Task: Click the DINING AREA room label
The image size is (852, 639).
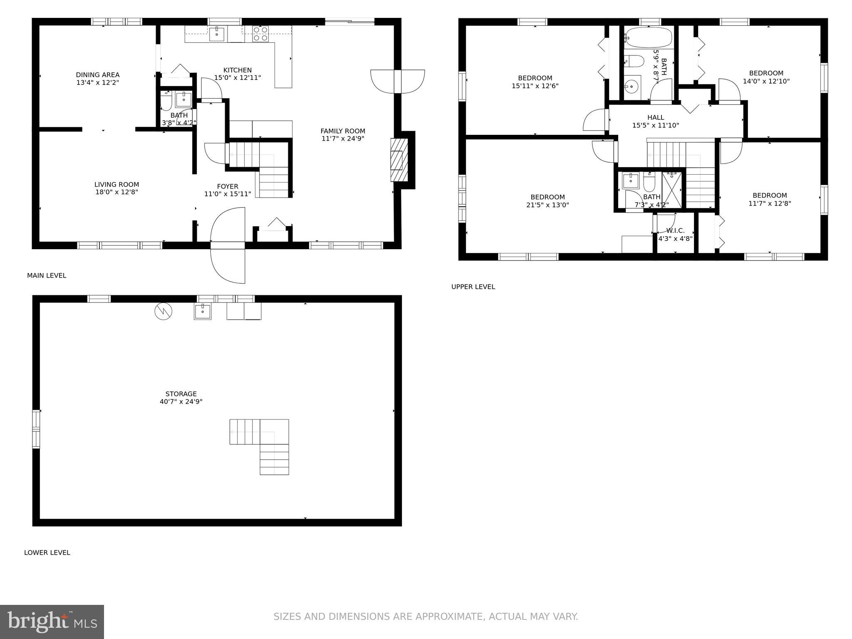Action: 97,75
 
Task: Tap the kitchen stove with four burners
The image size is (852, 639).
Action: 260,34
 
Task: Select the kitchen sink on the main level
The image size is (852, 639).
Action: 216,34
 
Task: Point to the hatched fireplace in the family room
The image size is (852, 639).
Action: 399,160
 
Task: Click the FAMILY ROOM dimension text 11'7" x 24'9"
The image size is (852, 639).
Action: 343,139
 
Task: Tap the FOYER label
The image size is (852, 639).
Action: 228,186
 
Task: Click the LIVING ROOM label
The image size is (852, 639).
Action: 116,184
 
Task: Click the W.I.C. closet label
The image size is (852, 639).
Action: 675,231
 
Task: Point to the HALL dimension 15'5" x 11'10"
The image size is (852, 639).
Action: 656,125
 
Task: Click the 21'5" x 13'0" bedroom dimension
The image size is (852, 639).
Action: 547,205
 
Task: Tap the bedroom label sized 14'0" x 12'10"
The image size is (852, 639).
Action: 766,73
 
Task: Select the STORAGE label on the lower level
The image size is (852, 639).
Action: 181,394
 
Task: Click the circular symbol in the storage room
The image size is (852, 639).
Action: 163,311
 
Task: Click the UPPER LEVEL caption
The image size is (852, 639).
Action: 473,287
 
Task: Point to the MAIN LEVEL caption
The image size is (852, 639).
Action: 47,275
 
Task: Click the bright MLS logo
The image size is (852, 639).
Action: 52,622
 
